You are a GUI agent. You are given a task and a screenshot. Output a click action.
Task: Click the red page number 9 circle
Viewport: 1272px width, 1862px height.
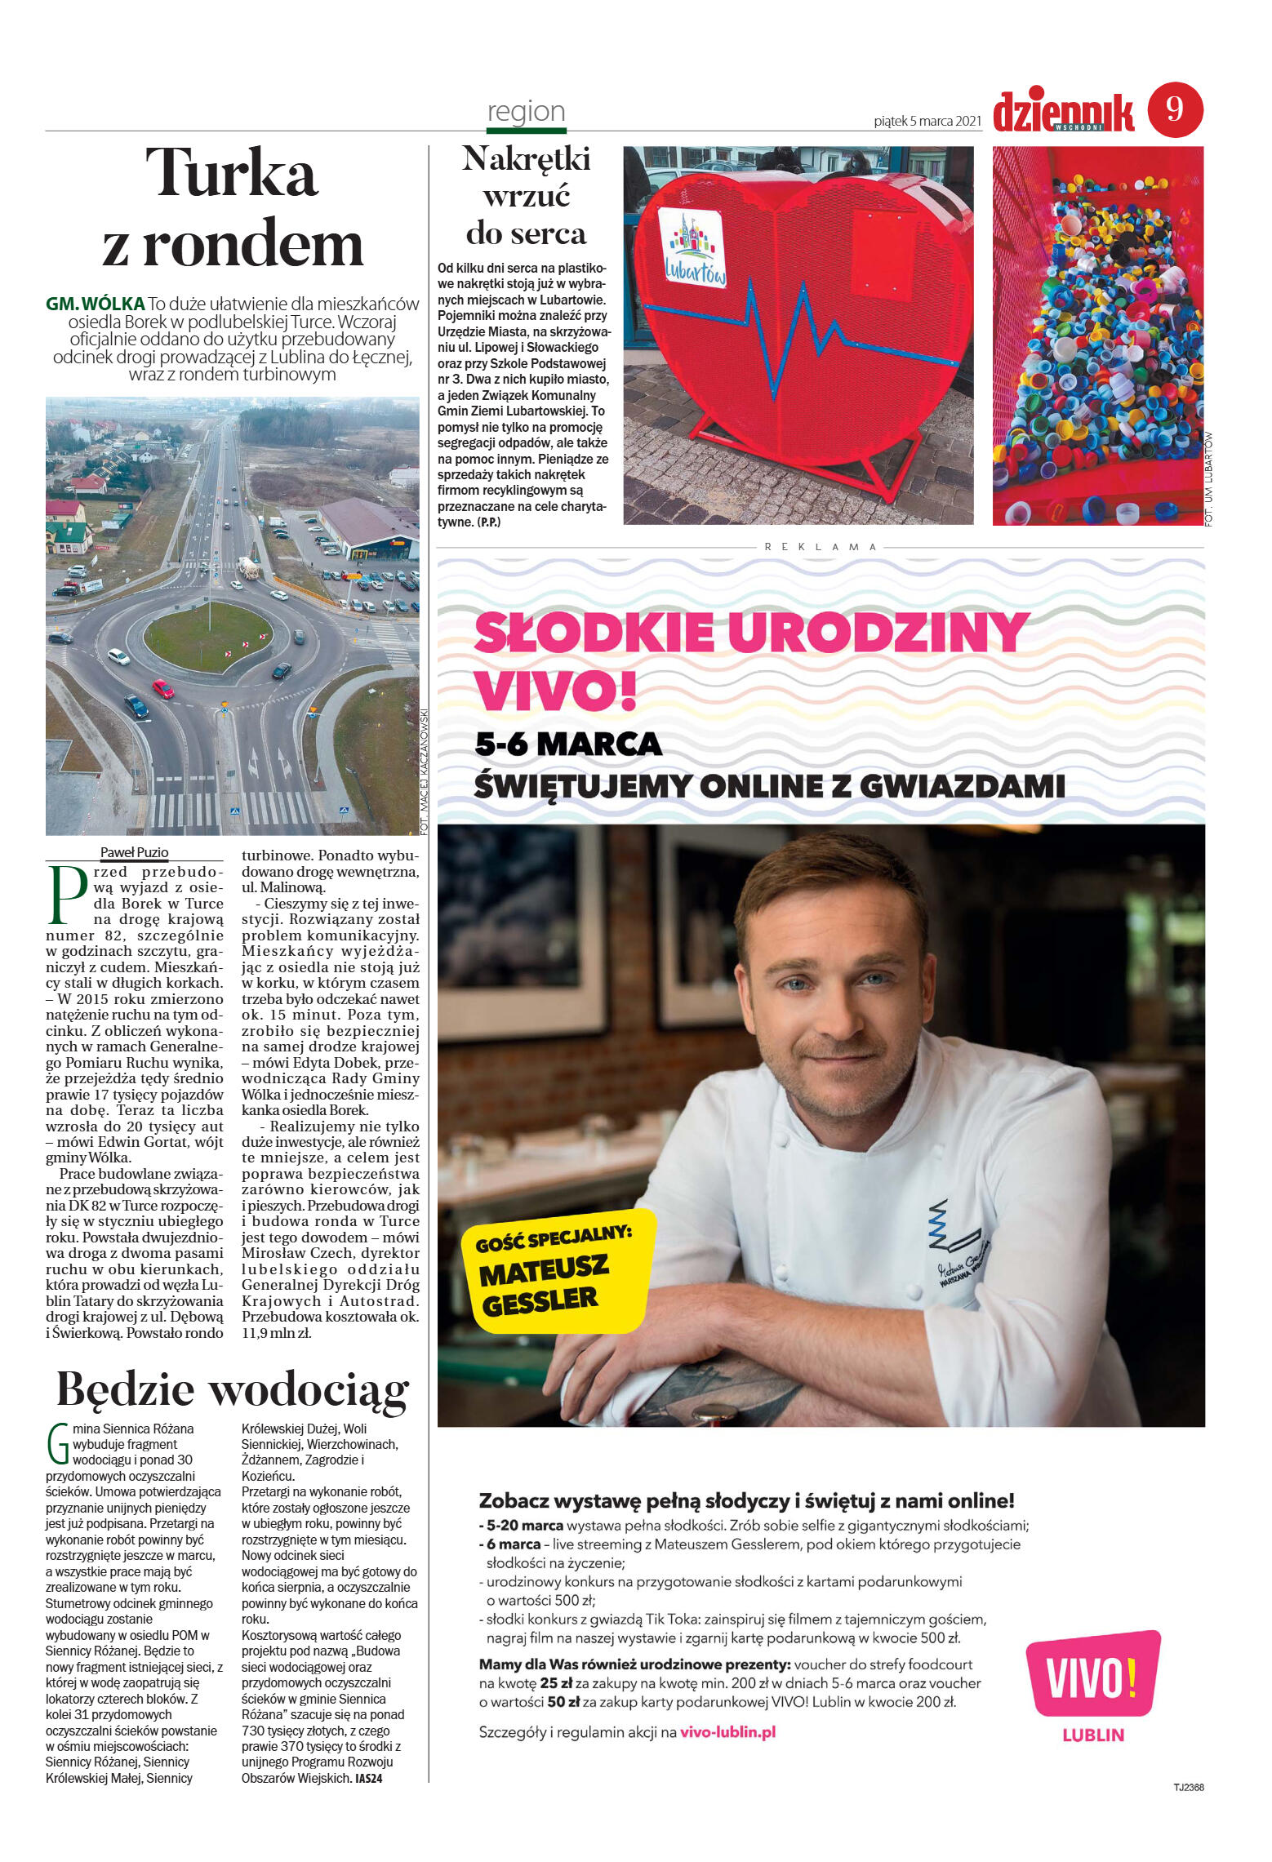point(1175,109)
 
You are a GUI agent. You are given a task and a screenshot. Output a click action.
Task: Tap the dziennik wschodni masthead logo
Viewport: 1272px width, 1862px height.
point(1063,113)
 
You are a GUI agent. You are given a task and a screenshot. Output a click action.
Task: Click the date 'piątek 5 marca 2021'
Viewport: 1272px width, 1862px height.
point(927,122)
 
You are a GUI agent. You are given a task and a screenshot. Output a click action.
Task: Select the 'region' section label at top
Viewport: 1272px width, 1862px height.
point(526,112)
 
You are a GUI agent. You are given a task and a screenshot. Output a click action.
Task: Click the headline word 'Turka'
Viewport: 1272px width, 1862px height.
point(231,173)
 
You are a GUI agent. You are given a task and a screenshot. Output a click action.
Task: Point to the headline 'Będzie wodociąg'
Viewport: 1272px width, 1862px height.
point(233,1389)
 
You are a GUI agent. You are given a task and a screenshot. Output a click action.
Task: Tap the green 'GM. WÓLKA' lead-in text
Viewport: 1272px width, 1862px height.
point(96,304)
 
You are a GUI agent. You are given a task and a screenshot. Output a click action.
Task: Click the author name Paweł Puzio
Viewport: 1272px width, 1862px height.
point(134,852)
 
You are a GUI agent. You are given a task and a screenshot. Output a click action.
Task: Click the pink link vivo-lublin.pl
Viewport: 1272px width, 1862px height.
point(727,1732)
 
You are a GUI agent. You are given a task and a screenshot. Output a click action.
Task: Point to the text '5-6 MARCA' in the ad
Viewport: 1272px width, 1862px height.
point(568,744)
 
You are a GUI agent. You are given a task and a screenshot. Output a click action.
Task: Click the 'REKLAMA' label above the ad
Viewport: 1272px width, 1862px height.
point(821,547)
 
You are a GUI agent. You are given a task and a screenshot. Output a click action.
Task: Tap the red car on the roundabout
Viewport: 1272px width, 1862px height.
point(163,689)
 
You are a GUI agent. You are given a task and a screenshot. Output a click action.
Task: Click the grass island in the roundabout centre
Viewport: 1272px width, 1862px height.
point(208,636)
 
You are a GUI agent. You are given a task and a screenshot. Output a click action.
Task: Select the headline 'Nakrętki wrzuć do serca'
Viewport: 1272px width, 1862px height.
point(526,196)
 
